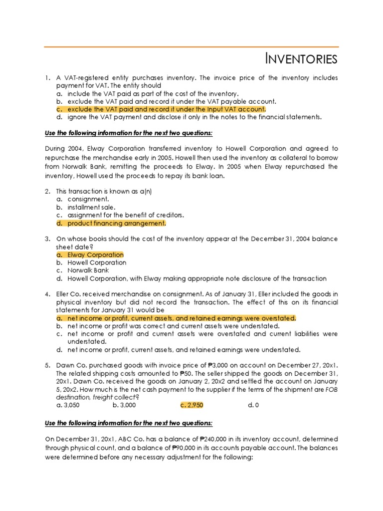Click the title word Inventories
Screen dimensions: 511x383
301,59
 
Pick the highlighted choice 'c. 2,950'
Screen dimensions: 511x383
192,405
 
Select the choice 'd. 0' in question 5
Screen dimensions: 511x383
253,405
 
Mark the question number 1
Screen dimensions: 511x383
47,78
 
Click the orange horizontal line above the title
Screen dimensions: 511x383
191,47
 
